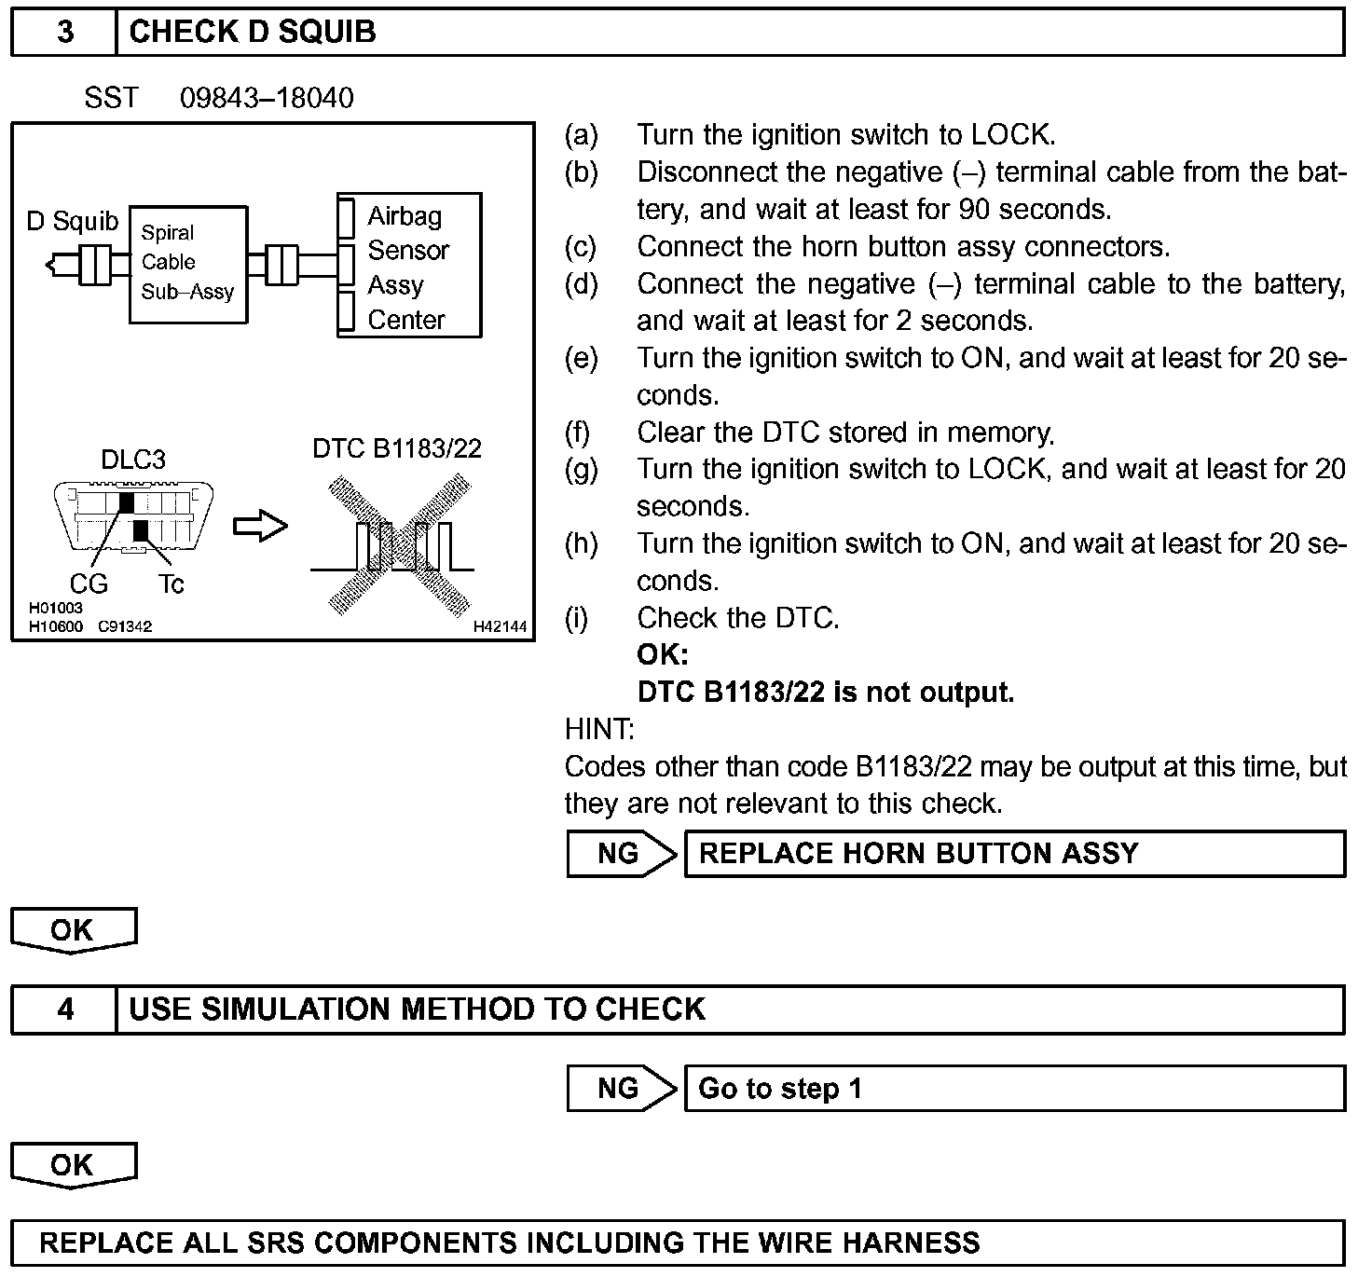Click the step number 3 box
click(64, 32)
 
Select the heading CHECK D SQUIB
click(253, 32)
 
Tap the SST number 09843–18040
click(267, 98)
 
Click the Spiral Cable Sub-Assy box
click(187, 264)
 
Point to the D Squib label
click(73, 222)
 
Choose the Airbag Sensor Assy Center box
click(408, 267)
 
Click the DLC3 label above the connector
click(133, 460)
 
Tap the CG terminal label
click(89, 584)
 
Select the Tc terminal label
click(171, 584)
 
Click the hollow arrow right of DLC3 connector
click(260, 527)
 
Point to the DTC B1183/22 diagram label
click(397, 448)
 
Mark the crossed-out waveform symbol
click(399, 545)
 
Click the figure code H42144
click(500, 626)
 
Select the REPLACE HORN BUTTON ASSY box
click(1014, 854)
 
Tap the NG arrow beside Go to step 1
click(622, 1089)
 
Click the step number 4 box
click(64, 1009)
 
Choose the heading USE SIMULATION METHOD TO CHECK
click(417, 1009)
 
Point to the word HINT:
click(599, 729)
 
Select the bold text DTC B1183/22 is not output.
click(826, 693)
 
